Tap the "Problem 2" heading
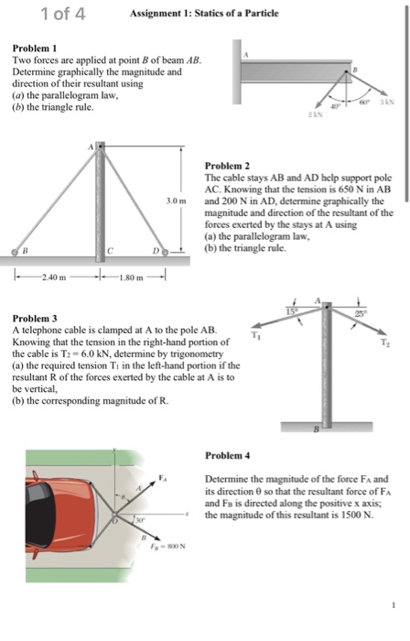227,166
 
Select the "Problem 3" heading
32,317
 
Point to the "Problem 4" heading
228,454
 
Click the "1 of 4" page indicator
63,13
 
